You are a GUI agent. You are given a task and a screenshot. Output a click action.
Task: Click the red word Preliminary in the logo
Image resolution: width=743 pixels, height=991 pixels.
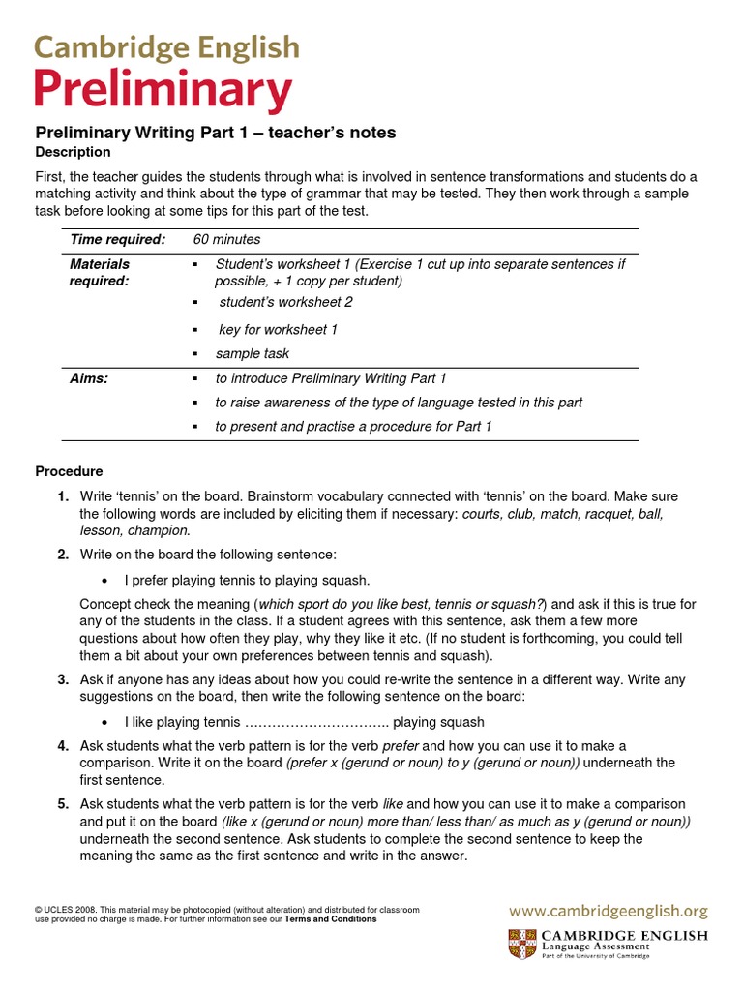tap(163, 92)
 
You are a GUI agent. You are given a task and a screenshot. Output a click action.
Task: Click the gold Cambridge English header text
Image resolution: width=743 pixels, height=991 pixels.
tap(166, 48)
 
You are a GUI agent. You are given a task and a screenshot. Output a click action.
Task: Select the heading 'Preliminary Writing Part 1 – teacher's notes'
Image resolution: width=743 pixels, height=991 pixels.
tap(215, 133)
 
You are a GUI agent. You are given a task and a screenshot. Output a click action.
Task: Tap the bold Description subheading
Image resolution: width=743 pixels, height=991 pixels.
tap(73, 152)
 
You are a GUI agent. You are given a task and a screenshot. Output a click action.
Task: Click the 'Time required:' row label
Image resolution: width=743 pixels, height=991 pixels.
tap(117, 239)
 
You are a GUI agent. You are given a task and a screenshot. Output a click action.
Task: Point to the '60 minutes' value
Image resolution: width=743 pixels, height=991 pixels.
tap(226, 239)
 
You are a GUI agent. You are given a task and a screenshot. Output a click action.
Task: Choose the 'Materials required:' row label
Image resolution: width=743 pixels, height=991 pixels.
tap(100, 272)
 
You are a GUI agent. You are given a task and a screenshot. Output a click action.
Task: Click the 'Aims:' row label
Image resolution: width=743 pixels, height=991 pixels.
tap(89, 378)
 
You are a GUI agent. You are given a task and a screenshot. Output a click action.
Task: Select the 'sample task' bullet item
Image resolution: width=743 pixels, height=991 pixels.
tap(252, 353)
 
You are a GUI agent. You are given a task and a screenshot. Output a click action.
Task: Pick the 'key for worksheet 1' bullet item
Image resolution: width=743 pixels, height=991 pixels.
tap(278, 330)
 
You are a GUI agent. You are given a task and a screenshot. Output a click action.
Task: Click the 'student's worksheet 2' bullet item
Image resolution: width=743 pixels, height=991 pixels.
tap(285, 302)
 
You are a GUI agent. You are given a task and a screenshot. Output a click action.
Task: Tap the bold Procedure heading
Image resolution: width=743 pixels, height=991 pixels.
tap(69, 471)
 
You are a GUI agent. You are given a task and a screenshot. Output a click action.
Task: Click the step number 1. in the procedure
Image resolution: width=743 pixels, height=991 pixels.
tap(63, 496)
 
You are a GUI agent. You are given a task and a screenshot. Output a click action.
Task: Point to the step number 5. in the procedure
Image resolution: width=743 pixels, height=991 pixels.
tap(63, 804)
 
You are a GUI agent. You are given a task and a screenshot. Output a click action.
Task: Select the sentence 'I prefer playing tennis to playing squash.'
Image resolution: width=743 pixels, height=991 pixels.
tap(247, 580)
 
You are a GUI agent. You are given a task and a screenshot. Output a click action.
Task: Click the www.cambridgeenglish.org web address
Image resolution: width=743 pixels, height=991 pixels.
tap(609, 911)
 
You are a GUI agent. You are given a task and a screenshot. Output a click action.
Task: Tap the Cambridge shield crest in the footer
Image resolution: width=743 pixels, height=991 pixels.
tap(520, 944)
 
